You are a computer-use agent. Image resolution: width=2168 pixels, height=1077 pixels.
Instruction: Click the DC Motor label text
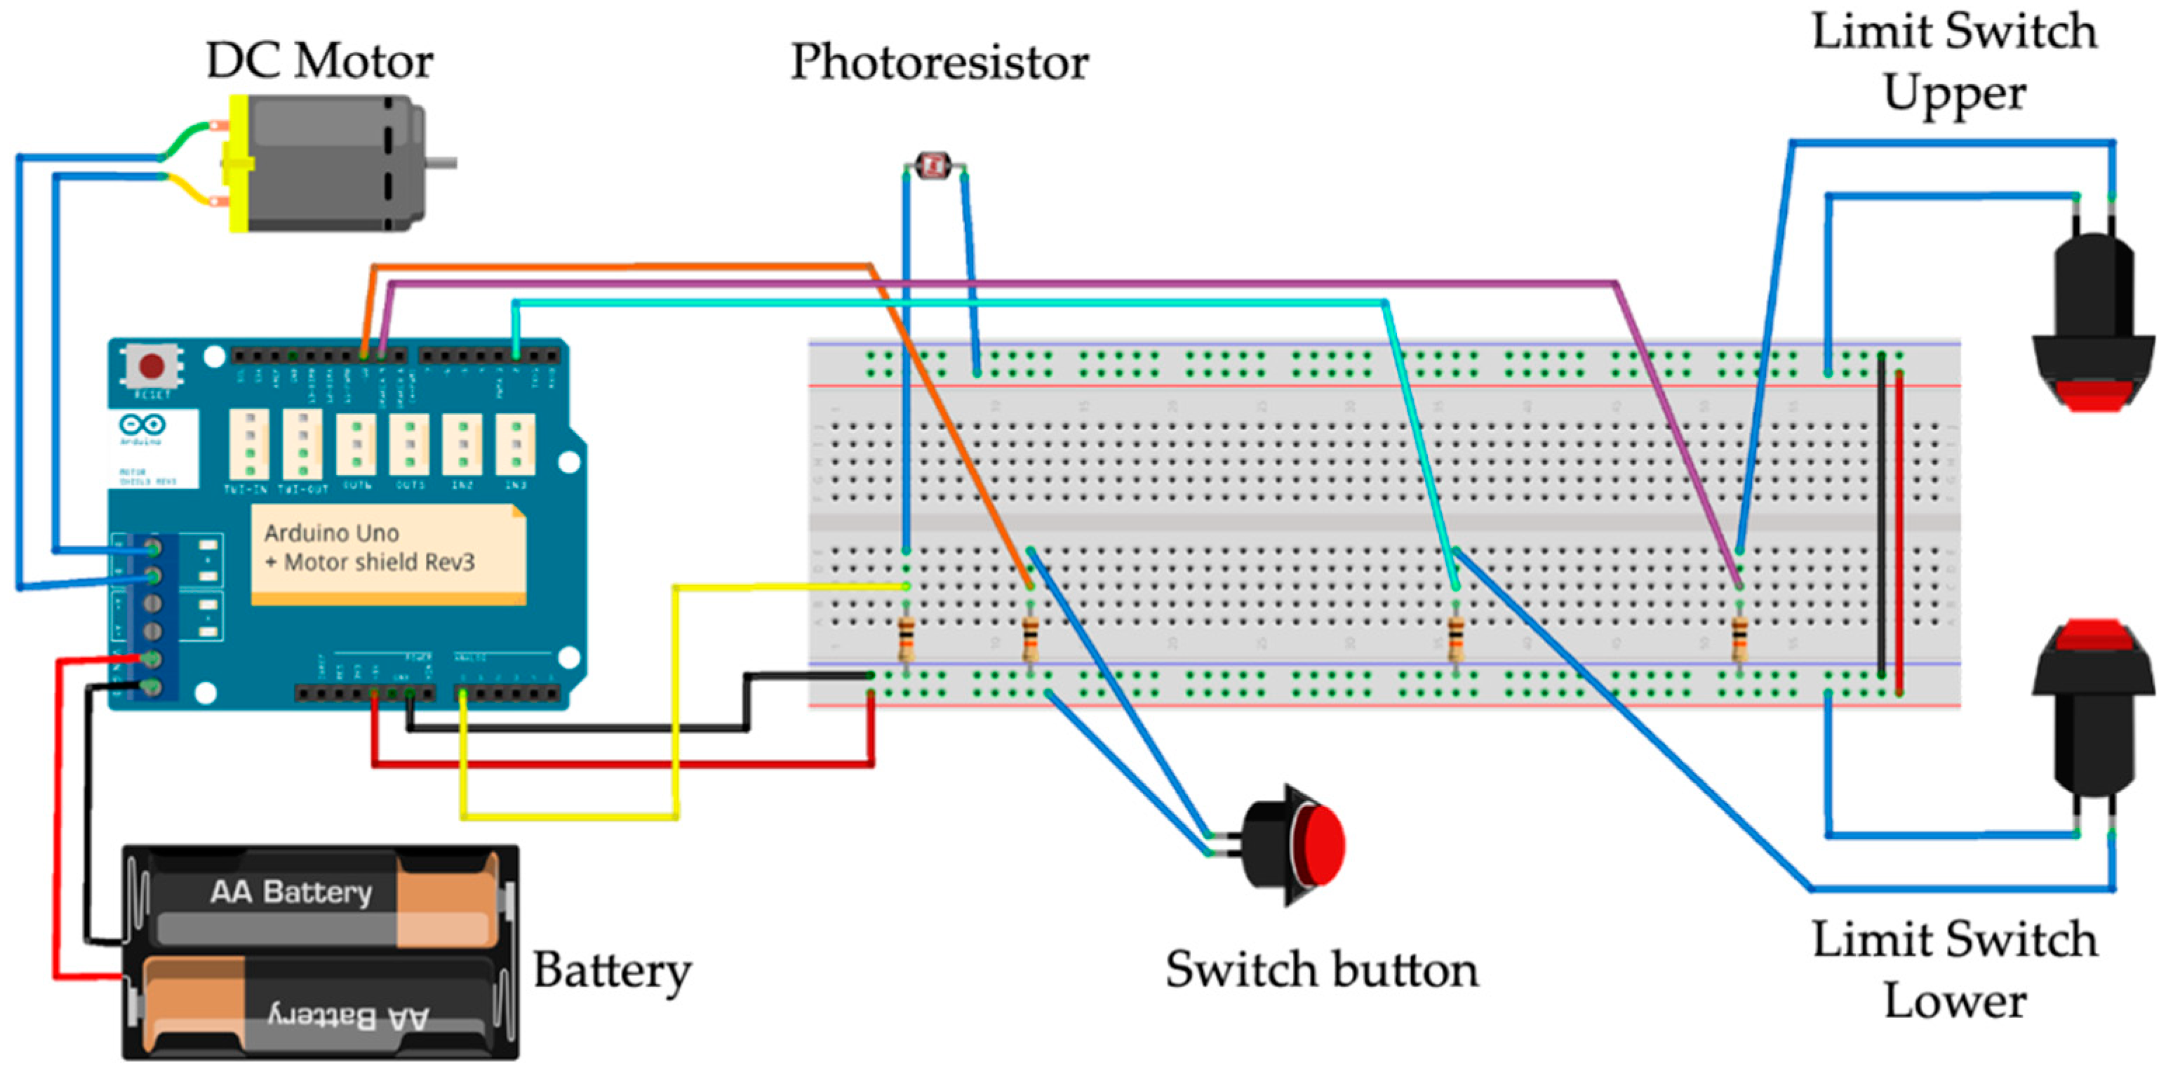tap(320, 62)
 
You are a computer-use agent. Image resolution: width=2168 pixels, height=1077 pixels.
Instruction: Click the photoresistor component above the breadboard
tap(932, 165)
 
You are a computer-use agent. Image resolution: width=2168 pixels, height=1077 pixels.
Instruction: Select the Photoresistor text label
tap(939, 63)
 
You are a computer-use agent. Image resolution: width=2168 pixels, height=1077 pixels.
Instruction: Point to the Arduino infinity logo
tap(142, 425)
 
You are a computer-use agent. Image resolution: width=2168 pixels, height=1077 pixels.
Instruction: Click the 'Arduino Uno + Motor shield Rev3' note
tap(387, 551)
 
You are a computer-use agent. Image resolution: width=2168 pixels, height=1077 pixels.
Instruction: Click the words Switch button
tap(1321, 970)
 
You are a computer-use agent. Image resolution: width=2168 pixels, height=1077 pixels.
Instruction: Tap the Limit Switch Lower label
tap(1954, 970)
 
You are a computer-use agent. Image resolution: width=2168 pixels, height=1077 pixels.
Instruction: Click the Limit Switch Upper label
tap(1954, 63)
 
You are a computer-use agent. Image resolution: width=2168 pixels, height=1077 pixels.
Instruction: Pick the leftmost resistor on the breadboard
tap(906, 639)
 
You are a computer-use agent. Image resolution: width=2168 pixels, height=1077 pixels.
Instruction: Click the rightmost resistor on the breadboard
tap(1739, 639)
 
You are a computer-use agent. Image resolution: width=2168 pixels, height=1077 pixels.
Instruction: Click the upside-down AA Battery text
tap(349, 1017)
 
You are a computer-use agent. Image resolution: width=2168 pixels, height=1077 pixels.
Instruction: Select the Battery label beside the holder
tap(612, 970)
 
